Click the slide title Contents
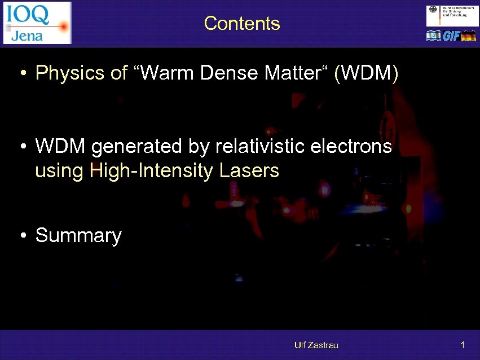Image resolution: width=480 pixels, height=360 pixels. coord(242,23)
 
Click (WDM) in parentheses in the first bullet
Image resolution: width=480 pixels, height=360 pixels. coord(367,73)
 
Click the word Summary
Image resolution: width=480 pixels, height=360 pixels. coord(78,236)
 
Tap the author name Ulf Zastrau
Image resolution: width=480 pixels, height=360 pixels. coord(316,345)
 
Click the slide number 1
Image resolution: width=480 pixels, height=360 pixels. coord(463,345)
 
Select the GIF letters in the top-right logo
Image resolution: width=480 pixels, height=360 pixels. coord(451,36)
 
